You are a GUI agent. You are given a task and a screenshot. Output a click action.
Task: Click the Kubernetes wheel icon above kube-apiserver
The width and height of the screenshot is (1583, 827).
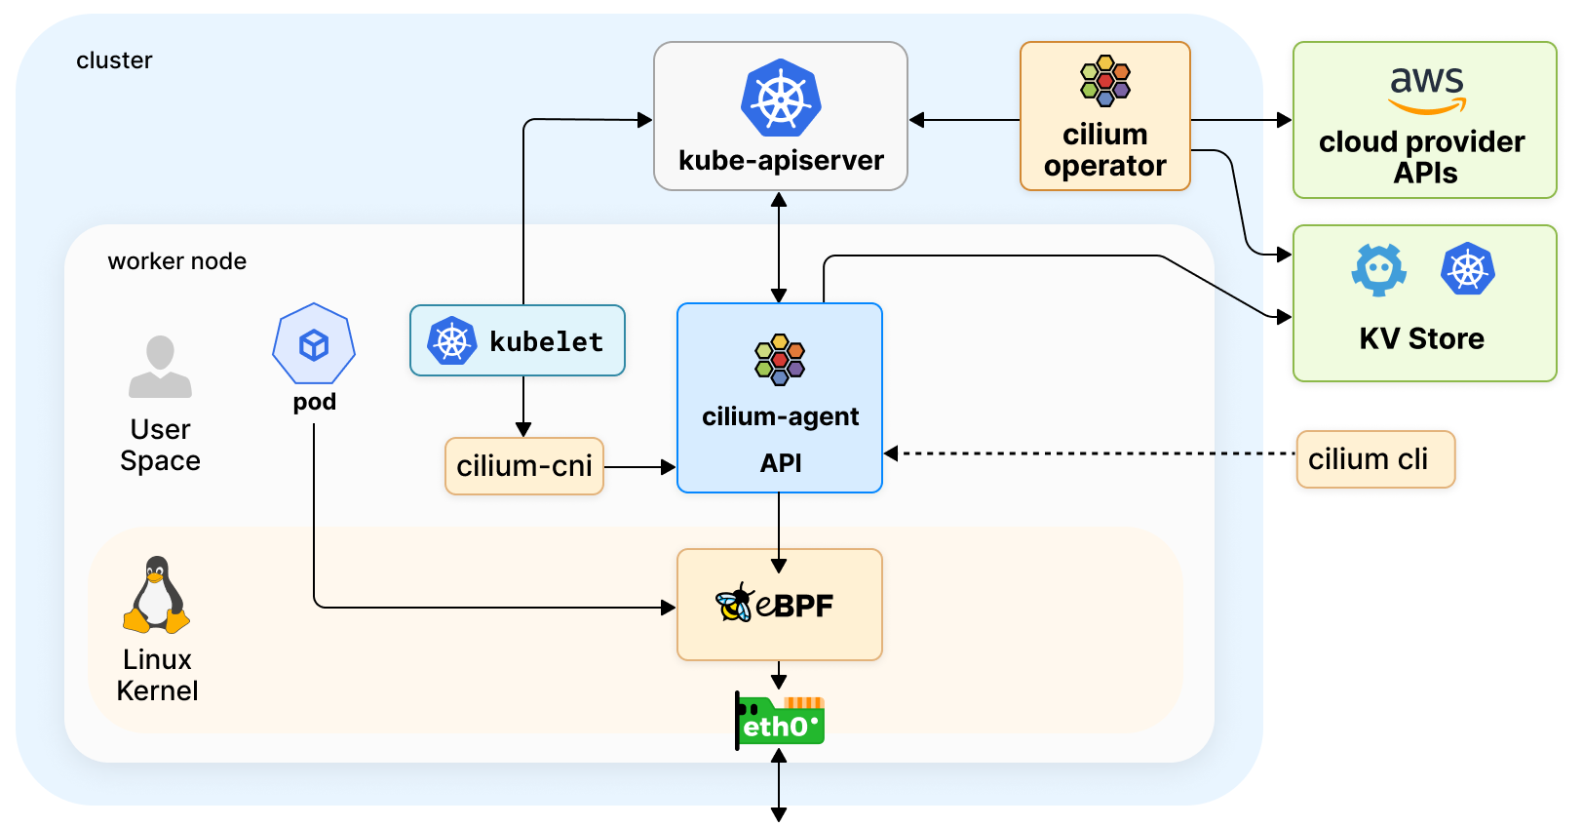[x=781, y=98]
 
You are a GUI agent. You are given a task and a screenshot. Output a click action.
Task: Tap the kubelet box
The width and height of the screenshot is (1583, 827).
[x=518, y=340]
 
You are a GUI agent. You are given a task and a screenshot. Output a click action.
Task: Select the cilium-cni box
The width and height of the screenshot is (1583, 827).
[x=524, y=466]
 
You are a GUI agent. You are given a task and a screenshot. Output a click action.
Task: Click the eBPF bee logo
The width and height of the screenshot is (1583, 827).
[x=734, y=604]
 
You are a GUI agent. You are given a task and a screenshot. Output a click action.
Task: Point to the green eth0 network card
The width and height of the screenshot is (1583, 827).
[x=780, y=721]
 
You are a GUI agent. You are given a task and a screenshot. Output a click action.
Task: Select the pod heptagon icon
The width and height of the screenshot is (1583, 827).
[x=314, y=344]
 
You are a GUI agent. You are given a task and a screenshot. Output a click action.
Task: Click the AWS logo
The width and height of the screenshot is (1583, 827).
[x=1427, y=89]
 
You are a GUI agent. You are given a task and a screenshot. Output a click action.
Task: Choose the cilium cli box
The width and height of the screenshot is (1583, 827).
[x=1375, y=459]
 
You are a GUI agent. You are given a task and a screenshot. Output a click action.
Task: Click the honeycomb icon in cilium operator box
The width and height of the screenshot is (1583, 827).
[x=1105, y=80]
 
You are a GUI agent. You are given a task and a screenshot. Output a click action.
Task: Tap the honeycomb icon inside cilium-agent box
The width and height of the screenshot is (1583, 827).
[x=780, y=359]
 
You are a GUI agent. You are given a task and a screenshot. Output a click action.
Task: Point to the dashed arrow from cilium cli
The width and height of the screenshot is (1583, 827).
[x=1092, y=453]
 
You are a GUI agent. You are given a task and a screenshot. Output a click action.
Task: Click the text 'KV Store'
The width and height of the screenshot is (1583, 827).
[x=1421, y=338]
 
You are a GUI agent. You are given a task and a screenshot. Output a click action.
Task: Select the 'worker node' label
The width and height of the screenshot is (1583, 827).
[x=177, y=261]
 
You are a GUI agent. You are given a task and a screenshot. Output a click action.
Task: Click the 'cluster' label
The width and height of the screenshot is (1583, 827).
[x=114, y=60]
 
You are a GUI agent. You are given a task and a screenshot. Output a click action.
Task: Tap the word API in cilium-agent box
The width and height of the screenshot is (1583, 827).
[x=781, y=463]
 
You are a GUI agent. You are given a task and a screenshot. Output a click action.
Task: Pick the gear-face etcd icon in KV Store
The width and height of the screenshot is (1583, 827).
[x=1378, y=269]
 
